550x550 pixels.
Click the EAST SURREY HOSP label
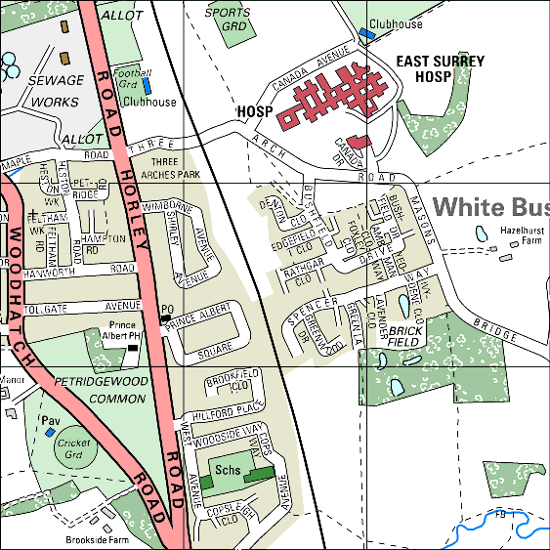tap(440, 68)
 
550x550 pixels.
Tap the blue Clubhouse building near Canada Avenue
tap(367, 33)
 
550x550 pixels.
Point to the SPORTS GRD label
tap(229, 20)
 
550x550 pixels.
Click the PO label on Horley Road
tap(166, 311)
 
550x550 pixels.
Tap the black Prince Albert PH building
tap(133, 346)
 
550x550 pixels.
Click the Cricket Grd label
tap(73, 449)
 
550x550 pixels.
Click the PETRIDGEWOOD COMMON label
tap(103, 389)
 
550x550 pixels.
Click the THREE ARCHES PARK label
tap(170, 169)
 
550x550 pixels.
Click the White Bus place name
tap(491, 207)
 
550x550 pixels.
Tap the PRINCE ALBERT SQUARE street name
tap(200, 332)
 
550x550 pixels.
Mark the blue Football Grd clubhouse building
tap(147, 86)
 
